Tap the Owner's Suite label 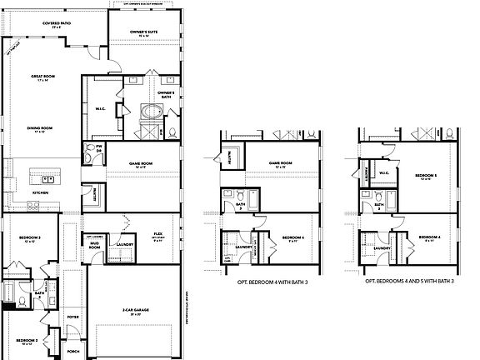pos(144,33)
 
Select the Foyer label pos(72,317)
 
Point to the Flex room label pos(157,235)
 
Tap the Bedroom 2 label pos(27,341)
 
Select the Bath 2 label pos(39,293)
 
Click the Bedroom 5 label pos(426,176)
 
